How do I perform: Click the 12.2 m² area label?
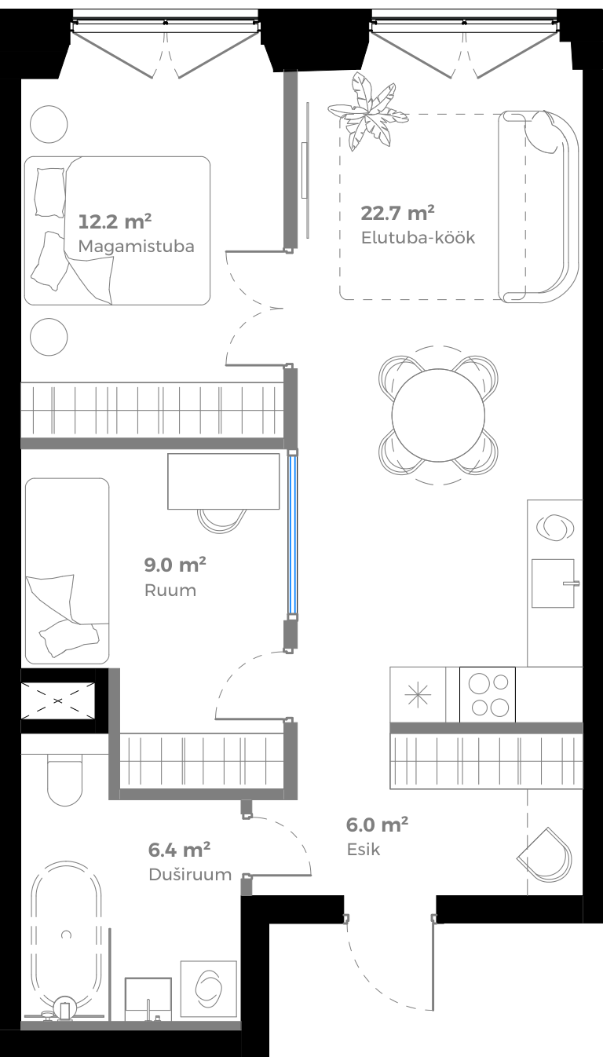pos(115,221)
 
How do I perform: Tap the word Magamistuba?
pos(136,246)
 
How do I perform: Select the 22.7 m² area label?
pos(397,212)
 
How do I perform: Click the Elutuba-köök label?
pos(418,237)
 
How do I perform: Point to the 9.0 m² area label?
pos(174,565)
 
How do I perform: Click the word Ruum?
pos(170,590)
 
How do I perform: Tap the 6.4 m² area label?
pos(179,849)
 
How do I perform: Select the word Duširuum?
pos(190,874)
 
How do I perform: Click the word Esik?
pos(364,849)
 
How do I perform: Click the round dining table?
pos(438,415)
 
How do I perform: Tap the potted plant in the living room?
pos(367,112)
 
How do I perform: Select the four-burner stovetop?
pos(488,694)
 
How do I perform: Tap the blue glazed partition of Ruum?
pos(292,534)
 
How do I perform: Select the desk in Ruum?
pos(223,481)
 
